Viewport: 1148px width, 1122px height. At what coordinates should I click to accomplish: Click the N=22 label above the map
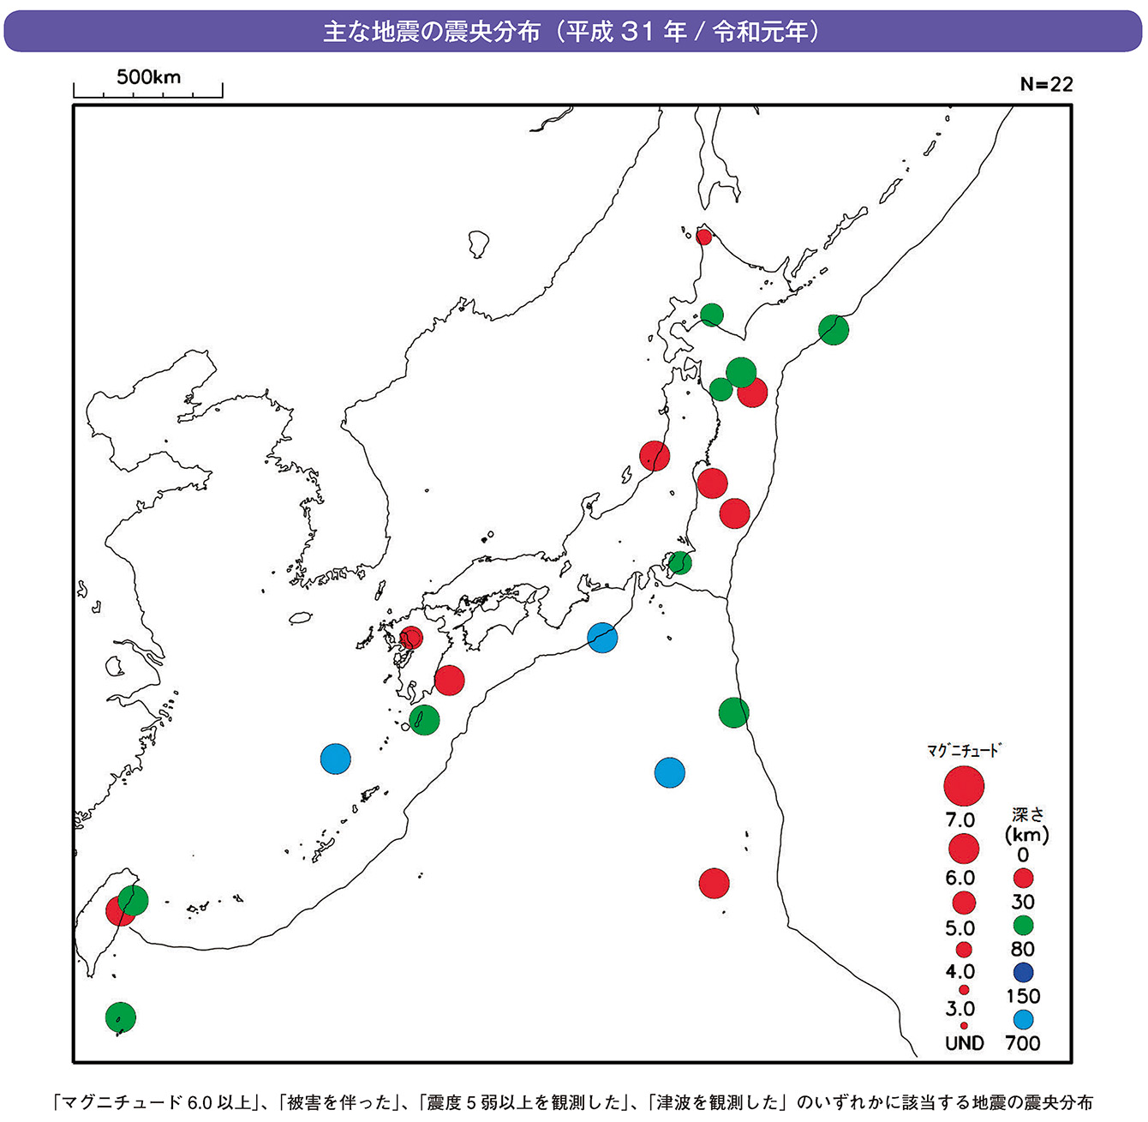[x=1046, y=84]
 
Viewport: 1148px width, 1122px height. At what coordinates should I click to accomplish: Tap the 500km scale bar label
[x=149, y=77]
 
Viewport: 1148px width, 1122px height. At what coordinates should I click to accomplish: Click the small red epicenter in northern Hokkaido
[x=703, y=237]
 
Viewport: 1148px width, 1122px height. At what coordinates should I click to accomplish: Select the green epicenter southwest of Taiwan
[x=121, y=1017]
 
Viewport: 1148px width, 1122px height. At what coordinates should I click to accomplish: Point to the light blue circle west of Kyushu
[x=336, y=759]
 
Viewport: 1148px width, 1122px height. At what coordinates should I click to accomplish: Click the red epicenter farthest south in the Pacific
[x=714, y=883]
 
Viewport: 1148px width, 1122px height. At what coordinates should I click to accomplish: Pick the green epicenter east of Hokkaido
[x=834, y=329]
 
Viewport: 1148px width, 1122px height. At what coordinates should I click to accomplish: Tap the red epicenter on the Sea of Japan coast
[x=655, y=456]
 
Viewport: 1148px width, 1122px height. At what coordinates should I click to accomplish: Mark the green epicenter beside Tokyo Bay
[x=680, y=563]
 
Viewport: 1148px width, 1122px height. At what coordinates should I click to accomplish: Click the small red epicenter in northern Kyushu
[x=411, y=638]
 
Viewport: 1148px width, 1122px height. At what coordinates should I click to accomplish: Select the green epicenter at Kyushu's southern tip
[x=424, y=720]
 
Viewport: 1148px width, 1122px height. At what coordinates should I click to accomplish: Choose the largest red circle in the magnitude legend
[x=964, y=784]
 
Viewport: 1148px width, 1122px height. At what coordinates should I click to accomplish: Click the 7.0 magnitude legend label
[x=960, y=820]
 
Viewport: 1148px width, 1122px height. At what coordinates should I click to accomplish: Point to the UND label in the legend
[x=964, y=1043]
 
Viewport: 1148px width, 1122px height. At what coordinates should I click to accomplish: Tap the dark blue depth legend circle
[x=1023, y=972]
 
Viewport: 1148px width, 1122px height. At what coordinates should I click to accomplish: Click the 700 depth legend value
[x=1023, y=1043]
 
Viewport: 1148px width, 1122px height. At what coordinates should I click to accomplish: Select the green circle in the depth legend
[x=1023, y=926]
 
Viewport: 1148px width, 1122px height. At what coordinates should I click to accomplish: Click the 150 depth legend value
[x=1023, y=996]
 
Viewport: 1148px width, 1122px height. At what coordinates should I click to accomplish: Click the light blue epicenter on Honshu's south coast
[x=602, y=638]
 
